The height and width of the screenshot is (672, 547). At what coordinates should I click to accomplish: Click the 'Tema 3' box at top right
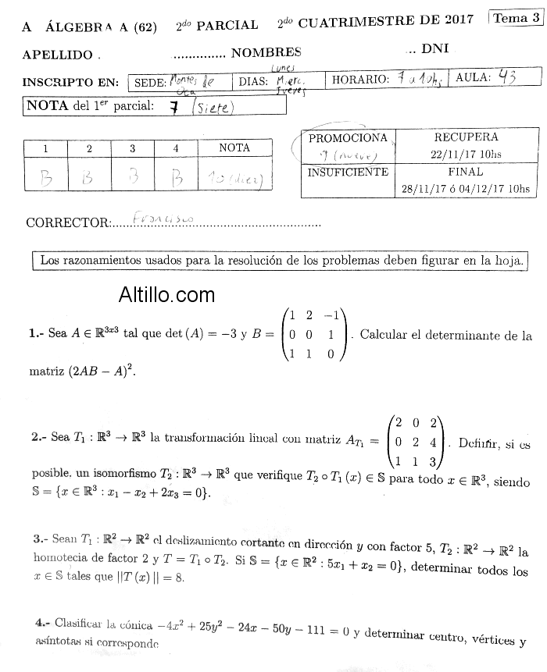point(515,18)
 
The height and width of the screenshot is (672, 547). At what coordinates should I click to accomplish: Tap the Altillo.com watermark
point(166,294)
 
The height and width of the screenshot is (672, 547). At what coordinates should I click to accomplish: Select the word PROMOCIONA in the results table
point(348,138)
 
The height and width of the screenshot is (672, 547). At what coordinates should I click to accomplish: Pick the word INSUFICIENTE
point(348,172)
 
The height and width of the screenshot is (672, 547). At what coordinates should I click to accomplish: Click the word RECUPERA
point(465,137)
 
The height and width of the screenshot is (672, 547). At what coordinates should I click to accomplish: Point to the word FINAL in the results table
point(465,172)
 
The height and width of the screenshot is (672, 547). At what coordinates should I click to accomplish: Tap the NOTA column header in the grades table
point(234,148)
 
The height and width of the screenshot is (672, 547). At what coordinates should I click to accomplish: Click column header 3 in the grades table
point(132,148)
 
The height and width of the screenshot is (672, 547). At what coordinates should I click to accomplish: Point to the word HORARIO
point(360,80)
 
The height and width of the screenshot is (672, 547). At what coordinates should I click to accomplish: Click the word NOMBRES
point(266,52)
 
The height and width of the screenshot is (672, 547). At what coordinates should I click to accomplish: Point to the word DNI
point(434,48)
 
